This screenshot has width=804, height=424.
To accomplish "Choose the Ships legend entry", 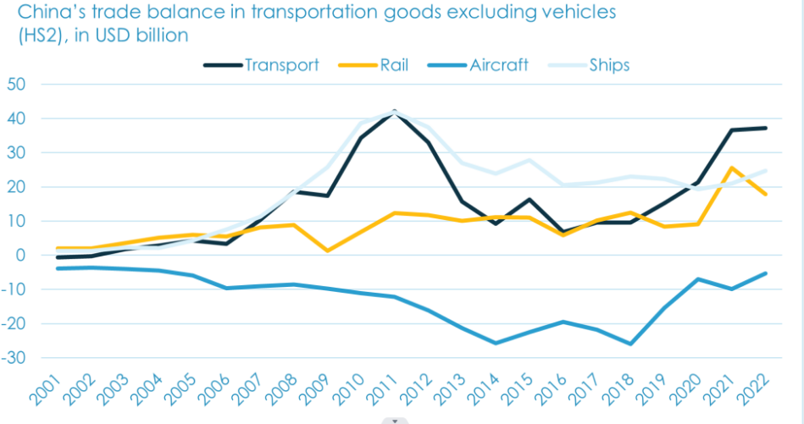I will pos(609,65).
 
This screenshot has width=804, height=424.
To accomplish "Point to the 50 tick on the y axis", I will pos(17,84).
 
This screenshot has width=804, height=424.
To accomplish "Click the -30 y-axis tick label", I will pos(15,358).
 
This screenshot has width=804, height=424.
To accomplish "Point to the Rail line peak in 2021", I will pos(731,168).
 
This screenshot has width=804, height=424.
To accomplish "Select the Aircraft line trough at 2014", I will pos(496,343).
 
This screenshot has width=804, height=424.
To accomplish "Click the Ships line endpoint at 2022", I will pos(765,171).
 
